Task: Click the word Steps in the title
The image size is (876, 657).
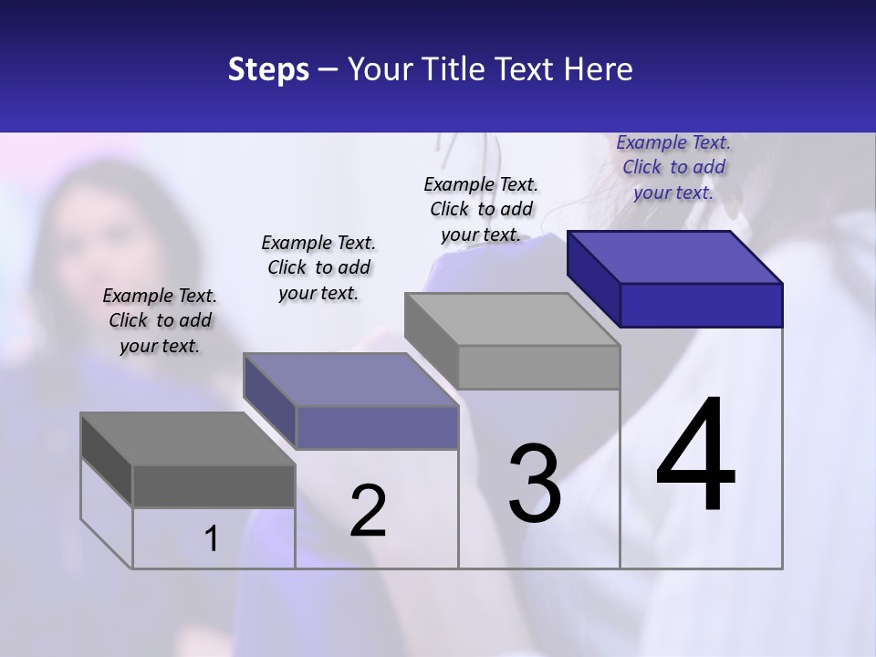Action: coord(267,70)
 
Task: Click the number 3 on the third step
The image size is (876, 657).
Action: coord(535,484)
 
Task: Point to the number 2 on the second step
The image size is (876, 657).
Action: coord(368,511)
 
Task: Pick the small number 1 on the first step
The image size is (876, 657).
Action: coord(212,539)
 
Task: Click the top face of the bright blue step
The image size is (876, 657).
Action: coord(675,256)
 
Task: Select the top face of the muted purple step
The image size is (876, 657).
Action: coord(350,380)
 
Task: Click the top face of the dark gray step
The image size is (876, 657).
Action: coord(188,439)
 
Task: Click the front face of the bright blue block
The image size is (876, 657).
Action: coord(701,305)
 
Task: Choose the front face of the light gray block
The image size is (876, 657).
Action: coord(538,367)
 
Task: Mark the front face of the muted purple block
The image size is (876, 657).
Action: coord(376,427)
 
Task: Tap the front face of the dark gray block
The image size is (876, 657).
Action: coord(214,485)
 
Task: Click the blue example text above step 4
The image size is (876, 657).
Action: coord(673,167)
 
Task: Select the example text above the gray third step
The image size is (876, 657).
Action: coord(481,209)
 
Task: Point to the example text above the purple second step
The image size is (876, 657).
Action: coord(318,267)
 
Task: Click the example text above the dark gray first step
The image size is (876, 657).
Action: coord(160,320)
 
